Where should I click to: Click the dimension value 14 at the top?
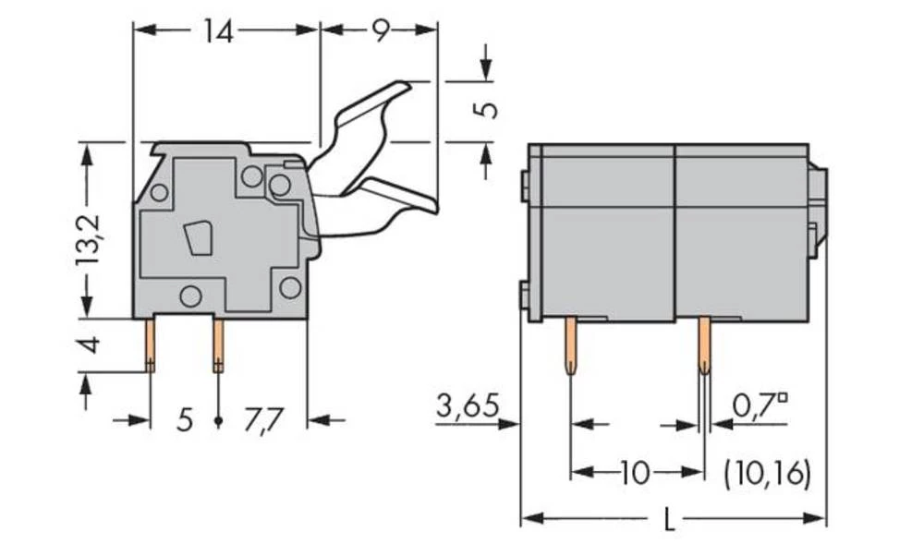(218, 32)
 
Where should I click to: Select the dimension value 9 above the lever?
(380, 32)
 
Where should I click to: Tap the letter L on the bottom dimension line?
(669, 521)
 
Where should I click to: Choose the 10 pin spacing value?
(634, 474)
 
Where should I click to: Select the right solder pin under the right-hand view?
(704, 346)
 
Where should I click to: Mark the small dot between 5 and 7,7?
(218, 421)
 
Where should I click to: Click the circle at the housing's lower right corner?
(290, 287)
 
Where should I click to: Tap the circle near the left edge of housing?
(158, 193)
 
